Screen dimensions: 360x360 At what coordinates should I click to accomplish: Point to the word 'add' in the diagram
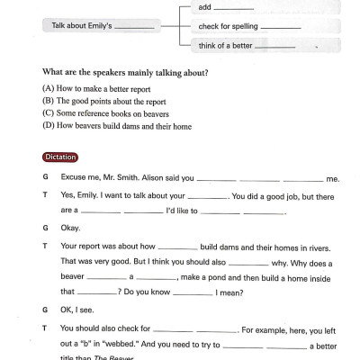205,7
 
